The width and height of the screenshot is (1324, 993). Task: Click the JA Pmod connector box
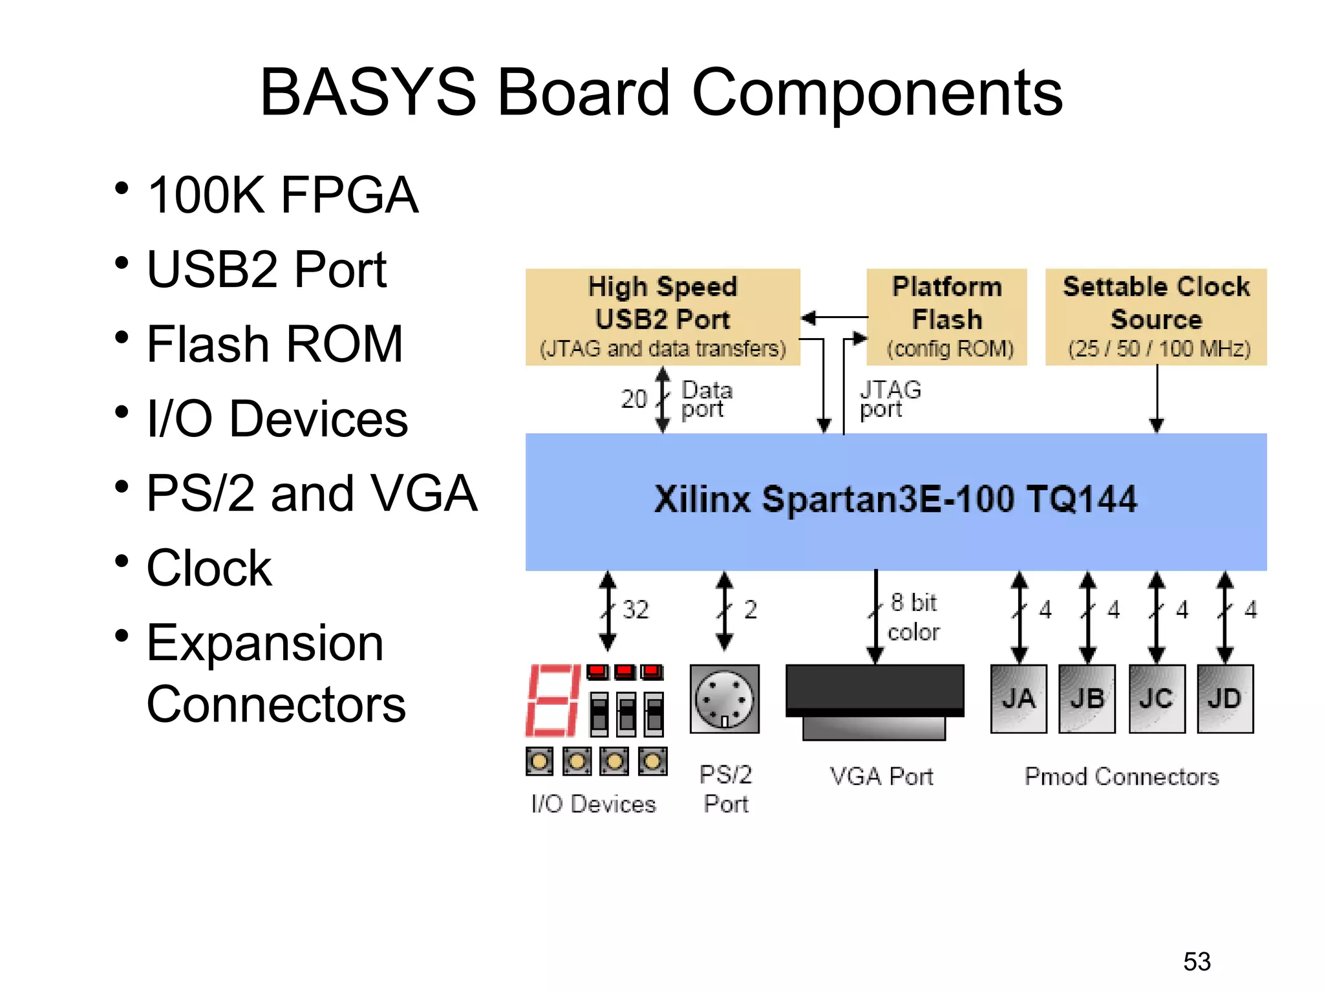pyautogui.click(x=1018, y=698)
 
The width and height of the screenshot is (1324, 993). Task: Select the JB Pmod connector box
pyautogui.click(x=1087, y=698)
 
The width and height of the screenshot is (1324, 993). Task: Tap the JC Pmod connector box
pyautogui.click(x=1156, y=698)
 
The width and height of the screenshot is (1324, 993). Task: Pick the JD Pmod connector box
pyautogui.click(x=1224, y=698)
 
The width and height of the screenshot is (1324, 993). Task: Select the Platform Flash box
pyautogui.click(x=946, y=317)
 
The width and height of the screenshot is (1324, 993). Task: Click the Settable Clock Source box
pyautogui.click(x=1156, y=317)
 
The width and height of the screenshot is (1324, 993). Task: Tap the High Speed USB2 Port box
pyautogui.click(x=663, y=317)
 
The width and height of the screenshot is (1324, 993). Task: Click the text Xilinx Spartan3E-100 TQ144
pyautogui.click(x=895, y=500)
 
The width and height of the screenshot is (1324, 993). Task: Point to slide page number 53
pyautogui.click(x=1197, y=961)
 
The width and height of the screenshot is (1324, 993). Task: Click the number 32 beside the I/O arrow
pyautogui.click(x=635, y=610)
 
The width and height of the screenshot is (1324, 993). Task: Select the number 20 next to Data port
pyautogui.click(x=634, y=399)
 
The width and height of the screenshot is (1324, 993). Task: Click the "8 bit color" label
pyautogui.click(x=913, y=617)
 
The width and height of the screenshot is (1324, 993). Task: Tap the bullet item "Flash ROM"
pyautogui.click(x=275, y=344)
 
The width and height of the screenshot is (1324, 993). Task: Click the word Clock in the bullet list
pyautogui.click(x=209, y=568)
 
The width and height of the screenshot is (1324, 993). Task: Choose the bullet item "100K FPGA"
pyautogui.click(x=283, y=195)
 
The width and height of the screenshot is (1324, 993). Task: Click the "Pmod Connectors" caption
pyautogui.click(x=1122, y=776)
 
